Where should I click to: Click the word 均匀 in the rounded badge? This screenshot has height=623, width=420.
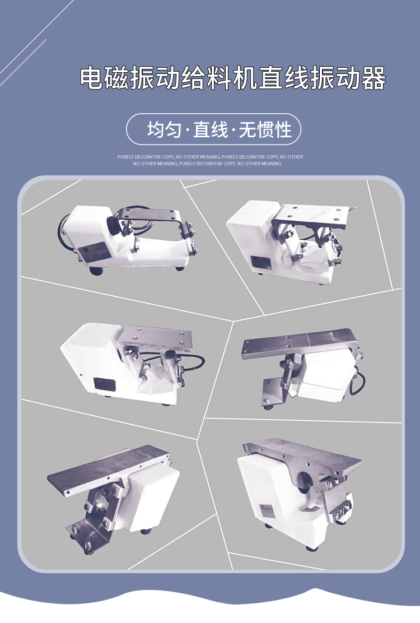point(164,130)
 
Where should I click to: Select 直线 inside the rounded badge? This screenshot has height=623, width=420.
point(211,130)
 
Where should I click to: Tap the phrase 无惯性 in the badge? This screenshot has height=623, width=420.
point(265,130)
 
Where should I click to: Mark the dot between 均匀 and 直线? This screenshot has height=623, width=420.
point(187,131)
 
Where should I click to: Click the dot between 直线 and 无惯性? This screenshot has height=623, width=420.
point(234,131)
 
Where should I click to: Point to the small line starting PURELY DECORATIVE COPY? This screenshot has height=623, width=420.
point(210,157)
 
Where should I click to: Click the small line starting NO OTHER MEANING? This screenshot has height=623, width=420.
point(207,164)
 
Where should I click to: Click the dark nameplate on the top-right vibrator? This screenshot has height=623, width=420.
point(259,262)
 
